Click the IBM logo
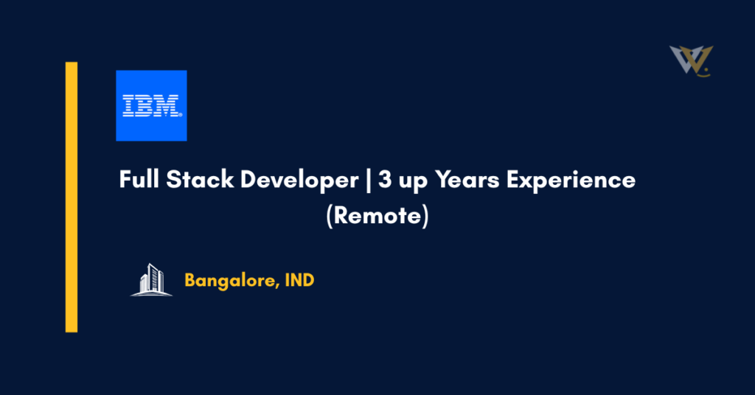tap(151, 105)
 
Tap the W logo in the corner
tap(691, 60)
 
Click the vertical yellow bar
tap(72, 197)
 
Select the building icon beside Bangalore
tap(151, 279)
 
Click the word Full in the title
tap(138, 180)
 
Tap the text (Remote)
tap(377, 218)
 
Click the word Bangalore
tap(228, 281)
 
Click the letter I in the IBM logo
tap(129, 105)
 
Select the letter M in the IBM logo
tap(168, 105)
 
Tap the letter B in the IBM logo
tap(147, 105)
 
